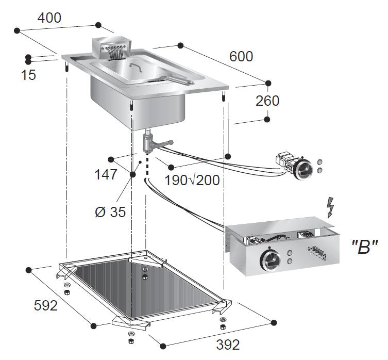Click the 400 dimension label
49,18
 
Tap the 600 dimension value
241,56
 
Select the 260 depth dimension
267,101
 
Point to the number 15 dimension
29,75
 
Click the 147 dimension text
106,175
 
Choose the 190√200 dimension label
192,180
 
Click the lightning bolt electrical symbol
330,207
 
